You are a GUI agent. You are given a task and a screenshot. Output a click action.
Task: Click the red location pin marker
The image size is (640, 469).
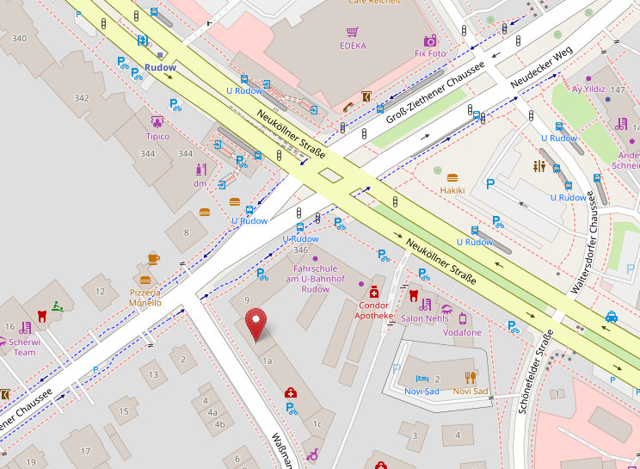tap(256, 325)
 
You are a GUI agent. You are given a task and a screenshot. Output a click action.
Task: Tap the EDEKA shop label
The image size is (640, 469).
tap(353, 46)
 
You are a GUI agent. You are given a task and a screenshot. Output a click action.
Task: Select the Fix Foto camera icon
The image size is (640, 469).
tap(430, 40)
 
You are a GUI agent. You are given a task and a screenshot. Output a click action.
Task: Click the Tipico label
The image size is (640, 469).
tap(157, 136)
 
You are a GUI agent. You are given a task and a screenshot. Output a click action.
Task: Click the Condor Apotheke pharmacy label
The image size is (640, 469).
tap(373, 310)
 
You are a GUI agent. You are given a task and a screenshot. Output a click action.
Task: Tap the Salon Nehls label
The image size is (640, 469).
tap(425, 319)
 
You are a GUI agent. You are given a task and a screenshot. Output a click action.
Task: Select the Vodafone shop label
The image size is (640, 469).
tap(462, 332)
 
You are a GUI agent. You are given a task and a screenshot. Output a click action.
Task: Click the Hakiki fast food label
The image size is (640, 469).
tap(452, 190)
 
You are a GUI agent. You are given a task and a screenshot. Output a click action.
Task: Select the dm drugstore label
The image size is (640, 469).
tap(200, 182)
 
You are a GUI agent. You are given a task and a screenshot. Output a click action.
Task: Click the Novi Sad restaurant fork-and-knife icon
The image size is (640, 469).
tap(470, 377)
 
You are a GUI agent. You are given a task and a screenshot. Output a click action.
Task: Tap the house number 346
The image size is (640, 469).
tap(300, 250)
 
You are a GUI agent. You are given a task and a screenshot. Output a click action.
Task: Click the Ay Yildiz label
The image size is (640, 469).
tap(588, 89)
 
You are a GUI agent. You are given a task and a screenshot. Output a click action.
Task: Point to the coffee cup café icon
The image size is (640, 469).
tap(153, 258)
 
